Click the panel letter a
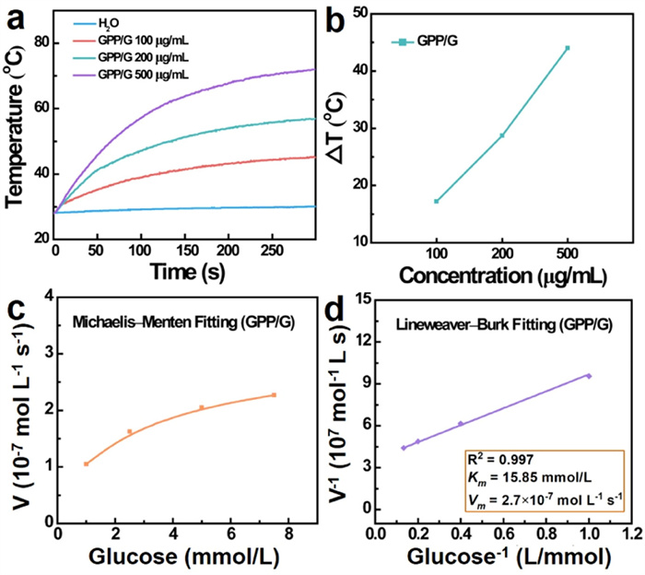pos(17,16)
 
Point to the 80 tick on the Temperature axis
pos(41,42)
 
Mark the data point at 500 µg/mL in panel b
pos(568,48)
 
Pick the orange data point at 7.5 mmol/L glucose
pos(274,395)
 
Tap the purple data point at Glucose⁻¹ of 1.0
pos(589,375)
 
